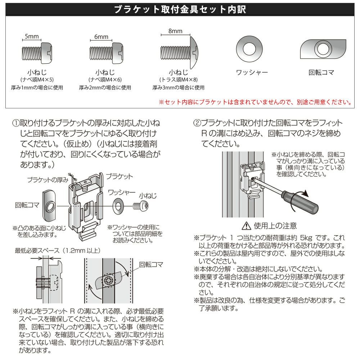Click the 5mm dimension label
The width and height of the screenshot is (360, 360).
click(x=32, y=36)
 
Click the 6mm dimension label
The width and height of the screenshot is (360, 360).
click(x=101, y=37)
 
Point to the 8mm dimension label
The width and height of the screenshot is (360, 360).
click(x=175, y=31)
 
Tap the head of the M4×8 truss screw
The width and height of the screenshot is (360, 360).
click(x=194, y=53)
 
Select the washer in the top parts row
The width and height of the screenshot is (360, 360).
click(x=249, y=49)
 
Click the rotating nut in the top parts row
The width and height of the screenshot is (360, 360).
click(x=323, y=49)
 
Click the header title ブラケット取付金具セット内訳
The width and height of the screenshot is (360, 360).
click(x=180, y=9)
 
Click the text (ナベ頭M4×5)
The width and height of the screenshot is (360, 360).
click(x=37, y=80)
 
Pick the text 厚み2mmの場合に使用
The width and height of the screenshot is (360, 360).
click(x=105, y=87)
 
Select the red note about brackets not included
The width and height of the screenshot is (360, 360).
click(x=255, y=102)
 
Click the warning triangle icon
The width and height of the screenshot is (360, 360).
click(x=246, y=226)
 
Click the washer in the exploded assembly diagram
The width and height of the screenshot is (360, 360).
click(x=118, y=205)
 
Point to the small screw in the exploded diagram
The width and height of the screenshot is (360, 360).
click(x=141, y=206)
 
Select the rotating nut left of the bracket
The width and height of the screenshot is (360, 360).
click(x=49, y=206)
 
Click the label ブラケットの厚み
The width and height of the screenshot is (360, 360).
click(x=48, y=180)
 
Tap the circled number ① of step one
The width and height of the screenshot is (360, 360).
click(x=16, y=123)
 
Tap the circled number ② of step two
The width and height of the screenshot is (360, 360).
click(x=197, y=123)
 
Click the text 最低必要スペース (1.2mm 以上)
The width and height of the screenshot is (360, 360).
click(x=58, y=251)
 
